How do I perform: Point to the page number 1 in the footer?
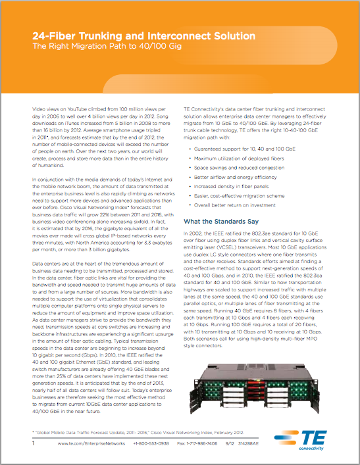coord(34,444)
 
